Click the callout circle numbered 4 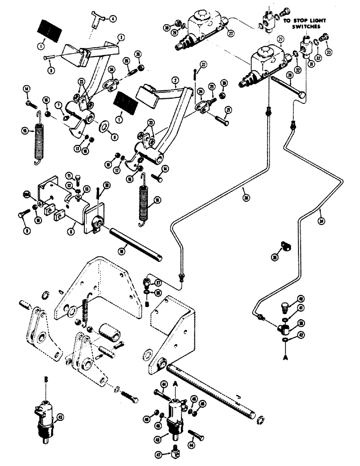[x=112, y=19]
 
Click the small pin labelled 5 [x=50, y=58]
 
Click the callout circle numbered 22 [x=203, y=64]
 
